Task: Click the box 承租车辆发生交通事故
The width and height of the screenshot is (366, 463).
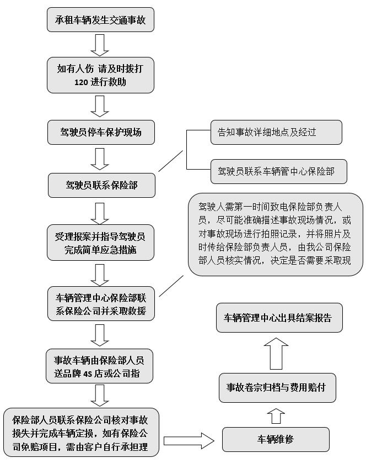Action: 100,22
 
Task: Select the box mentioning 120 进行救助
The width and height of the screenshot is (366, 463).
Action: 100,75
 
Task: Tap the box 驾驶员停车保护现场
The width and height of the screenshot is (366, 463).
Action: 100,132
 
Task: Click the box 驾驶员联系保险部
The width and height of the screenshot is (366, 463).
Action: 100,185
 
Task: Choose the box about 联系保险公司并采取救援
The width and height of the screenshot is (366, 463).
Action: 100,303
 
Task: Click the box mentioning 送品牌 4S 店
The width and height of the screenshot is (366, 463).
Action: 100,366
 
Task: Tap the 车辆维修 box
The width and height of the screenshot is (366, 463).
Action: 276,439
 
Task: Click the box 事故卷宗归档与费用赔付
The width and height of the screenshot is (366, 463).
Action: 276,386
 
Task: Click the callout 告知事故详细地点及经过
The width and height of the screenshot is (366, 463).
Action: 276,132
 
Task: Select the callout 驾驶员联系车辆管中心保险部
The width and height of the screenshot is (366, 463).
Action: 279,171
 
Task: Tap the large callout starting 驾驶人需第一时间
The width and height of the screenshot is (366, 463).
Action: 275,234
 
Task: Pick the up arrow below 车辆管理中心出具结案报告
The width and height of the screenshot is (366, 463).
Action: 276,354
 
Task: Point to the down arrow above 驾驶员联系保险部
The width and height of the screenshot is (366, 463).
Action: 100,158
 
